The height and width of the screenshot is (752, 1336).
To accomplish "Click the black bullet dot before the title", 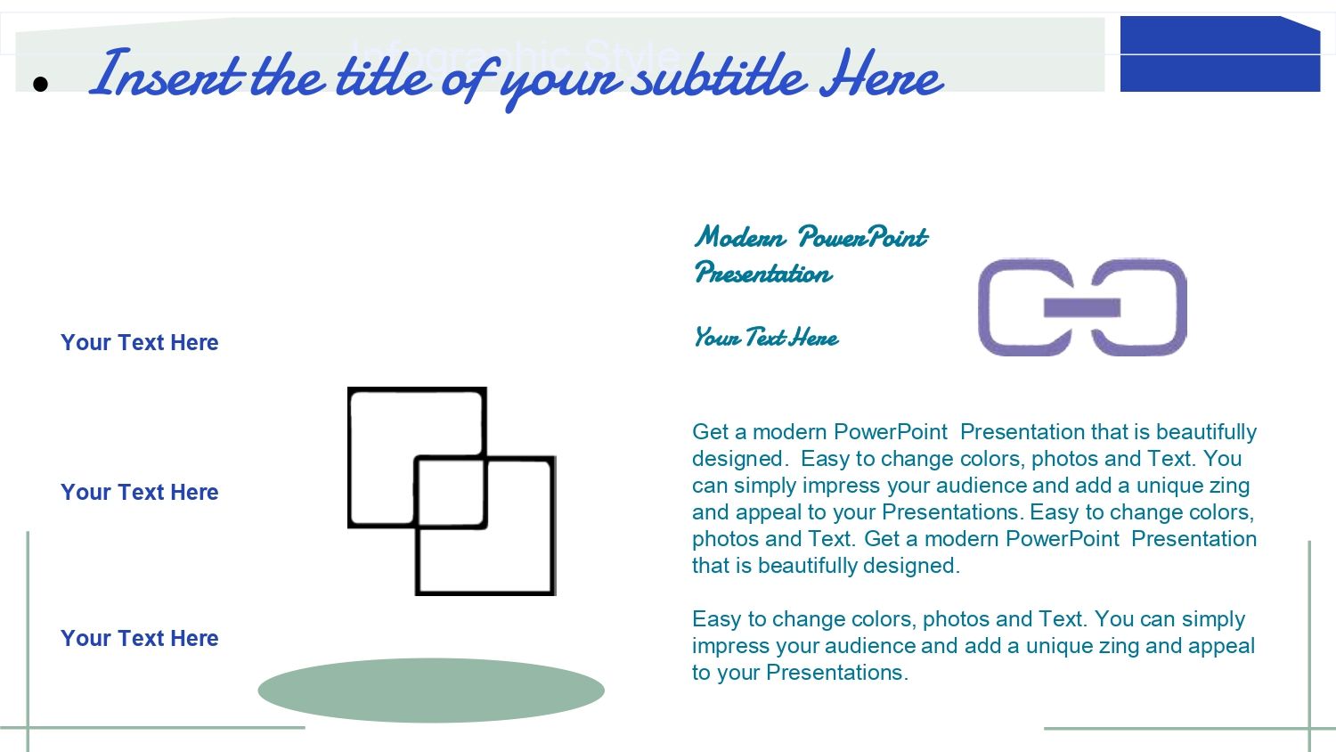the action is coord(40,84).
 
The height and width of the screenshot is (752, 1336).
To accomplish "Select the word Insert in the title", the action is coord(167,74).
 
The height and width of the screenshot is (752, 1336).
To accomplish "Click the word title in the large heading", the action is coord(383,74).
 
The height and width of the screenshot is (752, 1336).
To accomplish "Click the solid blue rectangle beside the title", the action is coord(1220,53).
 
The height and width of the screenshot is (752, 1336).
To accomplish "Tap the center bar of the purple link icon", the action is coord(1082,307).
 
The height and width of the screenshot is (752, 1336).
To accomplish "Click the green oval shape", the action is coord(431,691).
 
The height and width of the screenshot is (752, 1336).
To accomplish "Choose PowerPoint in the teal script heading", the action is coord(863,238).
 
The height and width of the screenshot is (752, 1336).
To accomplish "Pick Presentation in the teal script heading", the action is coord(763,273).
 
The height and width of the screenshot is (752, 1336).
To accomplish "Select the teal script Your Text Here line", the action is coord(766,337).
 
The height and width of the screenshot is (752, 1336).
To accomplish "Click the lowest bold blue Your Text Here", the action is coord(140,638).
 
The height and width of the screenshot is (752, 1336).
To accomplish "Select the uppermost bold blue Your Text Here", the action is coord(140,342).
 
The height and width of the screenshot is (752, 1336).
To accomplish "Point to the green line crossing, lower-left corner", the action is coord(28,728).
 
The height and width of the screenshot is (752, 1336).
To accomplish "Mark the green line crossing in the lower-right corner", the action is coord(1309,728).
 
